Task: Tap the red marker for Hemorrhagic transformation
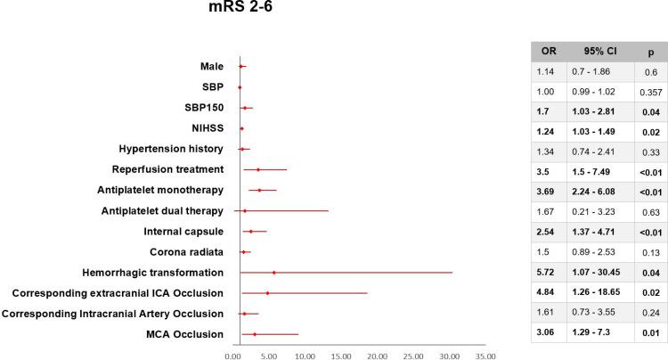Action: (273, 272)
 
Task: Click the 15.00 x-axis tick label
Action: (341, 353)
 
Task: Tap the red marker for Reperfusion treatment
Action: (258, 169)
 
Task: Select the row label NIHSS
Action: (206, 128)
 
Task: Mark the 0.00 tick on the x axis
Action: (233, 353)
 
